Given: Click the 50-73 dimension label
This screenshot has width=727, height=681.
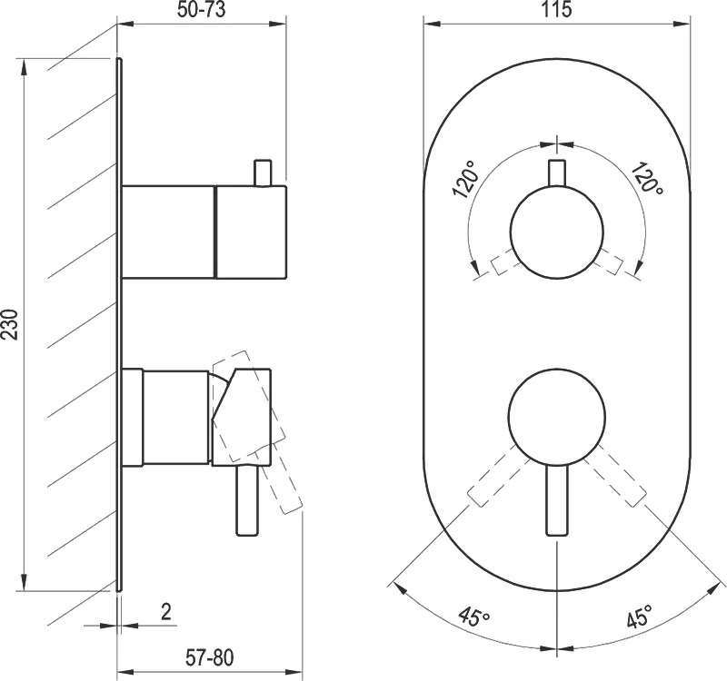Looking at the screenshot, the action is pyautogui.click(x=201, y=10).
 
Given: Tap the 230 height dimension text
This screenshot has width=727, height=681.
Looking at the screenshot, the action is pyautogui.click(x=10, y=324).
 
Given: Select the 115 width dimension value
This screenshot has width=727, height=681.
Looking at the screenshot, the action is pyautogui.click(x=556, y=9).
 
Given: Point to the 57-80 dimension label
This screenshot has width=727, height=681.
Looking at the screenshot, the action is pyautogui.click(x=210, y=657).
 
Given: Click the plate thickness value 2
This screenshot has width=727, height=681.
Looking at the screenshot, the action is pyautogui.click(x=165, y=611).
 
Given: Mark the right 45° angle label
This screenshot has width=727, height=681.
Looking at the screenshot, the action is pyautogui.click(x=640, y=616).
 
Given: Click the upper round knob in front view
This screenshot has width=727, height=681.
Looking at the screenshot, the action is pyautogui.click(x=557, y=232).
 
